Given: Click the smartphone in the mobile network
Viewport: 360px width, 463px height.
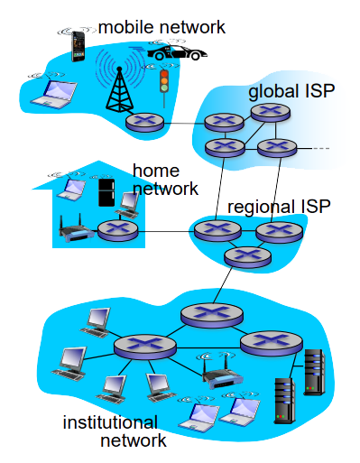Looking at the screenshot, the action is click(x=78, y=46).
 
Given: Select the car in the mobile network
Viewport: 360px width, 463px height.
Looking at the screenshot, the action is click(x=177, y=52).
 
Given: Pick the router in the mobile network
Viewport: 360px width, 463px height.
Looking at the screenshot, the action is click(x=144, y=123).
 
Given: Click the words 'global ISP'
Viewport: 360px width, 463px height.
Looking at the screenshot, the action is click(x=291, y=91).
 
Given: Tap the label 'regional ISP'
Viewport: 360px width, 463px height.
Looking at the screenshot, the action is click(x=279, y=207).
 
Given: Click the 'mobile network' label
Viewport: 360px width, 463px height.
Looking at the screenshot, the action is click(x=162, y=27).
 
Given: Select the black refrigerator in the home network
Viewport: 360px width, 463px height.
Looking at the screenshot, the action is click(x=106, y=192).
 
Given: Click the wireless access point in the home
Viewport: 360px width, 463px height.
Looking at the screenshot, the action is click(x=76, y=229).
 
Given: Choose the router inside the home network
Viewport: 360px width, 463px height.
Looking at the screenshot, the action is click(x=118, y=230).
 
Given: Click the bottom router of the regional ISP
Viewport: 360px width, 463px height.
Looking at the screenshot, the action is click(x=247, y=257).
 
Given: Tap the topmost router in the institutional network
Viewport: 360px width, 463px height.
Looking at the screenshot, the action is click(x=212, y=315).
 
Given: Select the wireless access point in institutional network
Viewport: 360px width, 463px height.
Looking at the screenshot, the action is click(x=222, y=375).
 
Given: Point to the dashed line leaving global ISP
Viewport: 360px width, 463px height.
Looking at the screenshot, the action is click(x=321, y=148).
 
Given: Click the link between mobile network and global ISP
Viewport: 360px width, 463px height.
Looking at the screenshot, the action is click(x=184, y=124).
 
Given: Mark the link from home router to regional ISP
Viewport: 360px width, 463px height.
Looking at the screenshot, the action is click(x=166, y=231).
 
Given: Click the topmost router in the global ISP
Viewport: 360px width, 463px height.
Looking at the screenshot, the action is click(x=271, y=113).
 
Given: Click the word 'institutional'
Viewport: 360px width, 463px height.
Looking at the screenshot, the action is click(x=110, y=422).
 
